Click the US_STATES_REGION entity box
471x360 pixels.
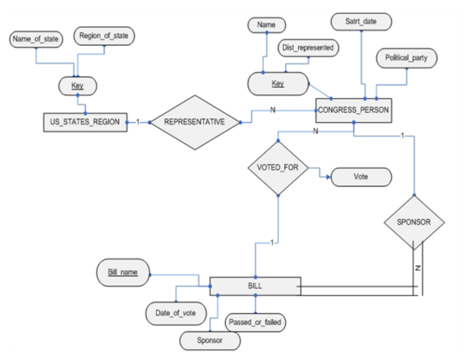point(85,122)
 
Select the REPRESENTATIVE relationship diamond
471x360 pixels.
point(195,122)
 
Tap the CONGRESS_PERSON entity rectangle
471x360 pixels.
point(353,110)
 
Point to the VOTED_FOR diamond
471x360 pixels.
point(278,167)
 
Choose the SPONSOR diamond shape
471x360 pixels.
point(414,222)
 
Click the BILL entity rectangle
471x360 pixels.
point(255,286)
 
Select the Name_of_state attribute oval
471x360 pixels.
point(36,39)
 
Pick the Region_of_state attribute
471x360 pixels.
point(104,36)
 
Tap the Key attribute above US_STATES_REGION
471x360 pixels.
point(77,86)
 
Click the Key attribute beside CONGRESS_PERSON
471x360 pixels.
point(278,84)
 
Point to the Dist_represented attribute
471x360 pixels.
point(308,47)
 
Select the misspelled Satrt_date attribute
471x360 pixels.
point(361,21)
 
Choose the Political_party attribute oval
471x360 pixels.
point(406,58)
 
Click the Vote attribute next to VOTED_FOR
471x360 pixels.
point(361,177)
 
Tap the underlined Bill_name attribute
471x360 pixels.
point(123,272)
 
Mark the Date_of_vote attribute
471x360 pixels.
point(175,313)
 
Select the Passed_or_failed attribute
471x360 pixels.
point(255,322)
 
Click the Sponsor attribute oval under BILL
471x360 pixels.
point(210,341)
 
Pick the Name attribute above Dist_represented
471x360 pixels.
point(266,25)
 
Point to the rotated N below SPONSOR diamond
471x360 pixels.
point(418,268)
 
